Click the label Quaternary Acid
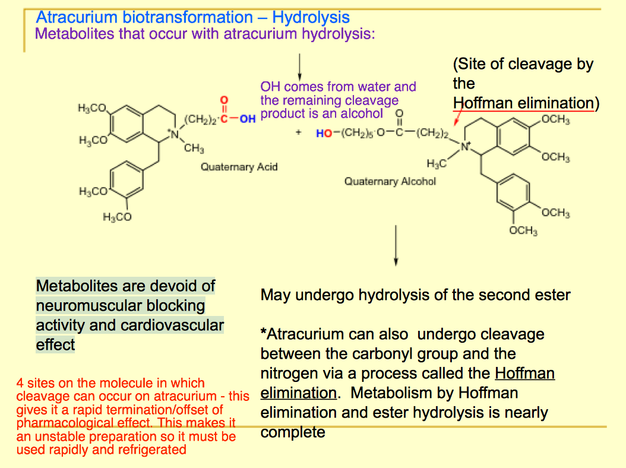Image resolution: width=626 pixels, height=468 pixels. [239, 167]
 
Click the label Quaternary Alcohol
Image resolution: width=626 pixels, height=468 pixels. [390, 181]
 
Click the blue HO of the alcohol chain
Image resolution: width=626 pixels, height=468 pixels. [324, 134]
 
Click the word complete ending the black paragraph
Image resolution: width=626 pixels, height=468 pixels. [292, 432]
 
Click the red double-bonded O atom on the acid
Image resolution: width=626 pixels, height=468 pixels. [224, 102]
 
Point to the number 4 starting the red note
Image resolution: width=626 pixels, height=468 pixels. [20, 383]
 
